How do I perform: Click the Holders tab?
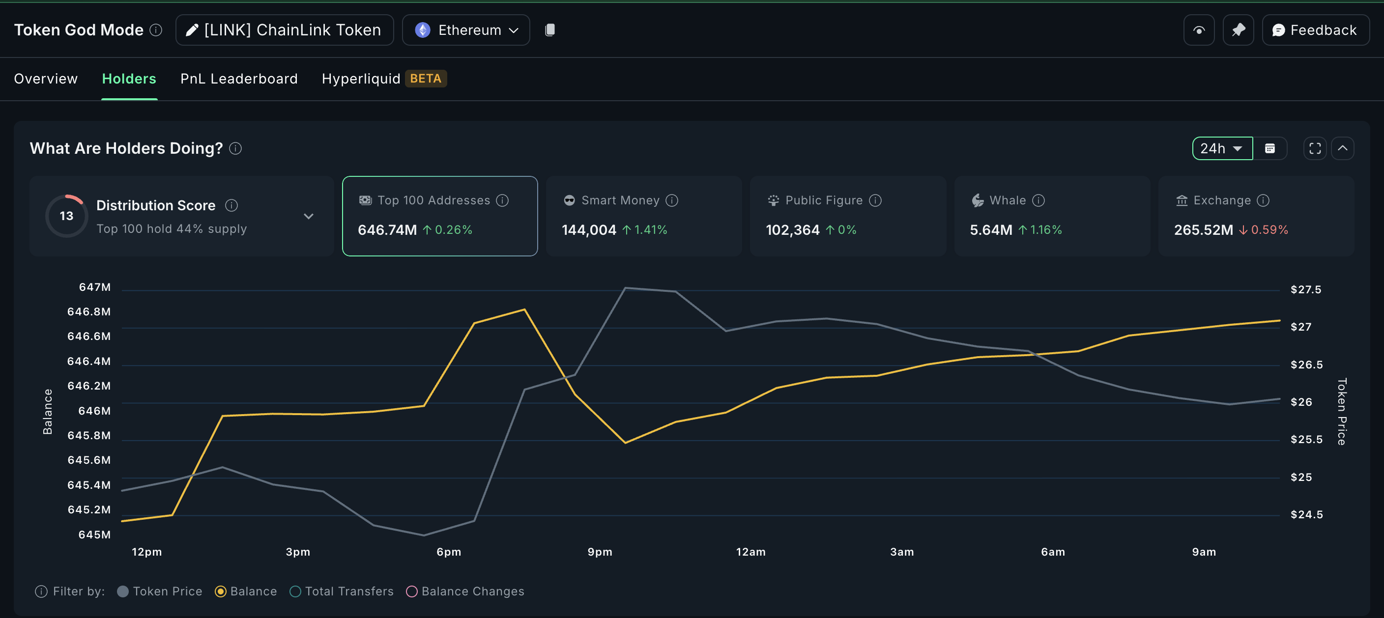tap(129, 79)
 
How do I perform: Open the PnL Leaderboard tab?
tap(238, 79)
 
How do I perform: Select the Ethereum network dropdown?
tap(466, 30)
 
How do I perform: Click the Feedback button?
tap(1315, 30)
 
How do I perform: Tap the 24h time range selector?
tap(1221, 148)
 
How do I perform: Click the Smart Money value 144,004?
tap(588, 230)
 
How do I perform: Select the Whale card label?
tap(1007, 200)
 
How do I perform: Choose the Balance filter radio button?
tap(221, 591)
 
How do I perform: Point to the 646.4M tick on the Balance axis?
tap(88, 361)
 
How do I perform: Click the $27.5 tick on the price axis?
tap(1305, 289)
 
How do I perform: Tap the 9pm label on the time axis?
tap(600, 551)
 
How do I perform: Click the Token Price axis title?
tap(1341, 411)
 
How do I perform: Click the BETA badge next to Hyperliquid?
tap(426, 79)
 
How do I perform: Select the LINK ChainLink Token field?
tap(284, 30)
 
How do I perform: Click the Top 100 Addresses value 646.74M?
tap(387, 230)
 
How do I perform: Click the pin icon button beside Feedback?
tap(1238, 30)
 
